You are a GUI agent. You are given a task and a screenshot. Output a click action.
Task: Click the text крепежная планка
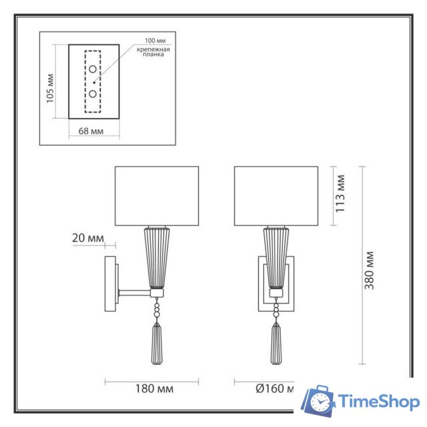pos(153,53)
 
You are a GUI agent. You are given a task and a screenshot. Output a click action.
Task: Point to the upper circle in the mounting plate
pos(93,69)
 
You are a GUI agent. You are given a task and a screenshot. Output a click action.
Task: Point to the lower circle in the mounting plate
pos(93,94)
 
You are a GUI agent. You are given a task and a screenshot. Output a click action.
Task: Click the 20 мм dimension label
pos(87,238)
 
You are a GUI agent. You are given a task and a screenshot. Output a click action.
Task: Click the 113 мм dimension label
pos(340,193)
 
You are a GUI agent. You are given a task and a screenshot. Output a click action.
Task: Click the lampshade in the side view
pos(157,195)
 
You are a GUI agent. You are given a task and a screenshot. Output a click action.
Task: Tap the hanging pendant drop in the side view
pos(157,344)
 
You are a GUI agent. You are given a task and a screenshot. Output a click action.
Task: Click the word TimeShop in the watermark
pos(378,402)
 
